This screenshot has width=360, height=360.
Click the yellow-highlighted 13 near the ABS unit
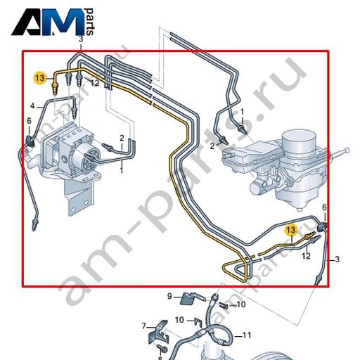(x=40, y=77)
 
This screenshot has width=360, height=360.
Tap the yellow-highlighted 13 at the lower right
(x=290, y=230)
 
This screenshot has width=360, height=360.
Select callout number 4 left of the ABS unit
(x=32, y=106)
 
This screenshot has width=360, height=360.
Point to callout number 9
(x=169, y=296)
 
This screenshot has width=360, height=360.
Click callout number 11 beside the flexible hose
(x=246, y=335)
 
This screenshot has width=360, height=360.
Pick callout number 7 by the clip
(x=143, y=326)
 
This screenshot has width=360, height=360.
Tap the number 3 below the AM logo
(x=81, y=39)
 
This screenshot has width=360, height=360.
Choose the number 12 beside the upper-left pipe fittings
(x=95, y=83)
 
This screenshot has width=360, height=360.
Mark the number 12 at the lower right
(x=306, y=256)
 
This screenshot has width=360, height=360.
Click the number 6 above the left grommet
(x=29, y=121)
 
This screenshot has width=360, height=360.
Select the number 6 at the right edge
(x=324, y=207)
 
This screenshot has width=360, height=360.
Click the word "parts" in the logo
(x=90, y=22)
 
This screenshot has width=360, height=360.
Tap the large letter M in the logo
(x=65, y=22)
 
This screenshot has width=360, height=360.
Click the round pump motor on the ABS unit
(x=86, y=159)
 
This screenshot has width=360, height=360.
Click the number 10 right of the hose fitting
(x=240, y=304)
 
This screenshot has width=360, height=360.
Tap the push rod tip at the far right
(x=347, y=150)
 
